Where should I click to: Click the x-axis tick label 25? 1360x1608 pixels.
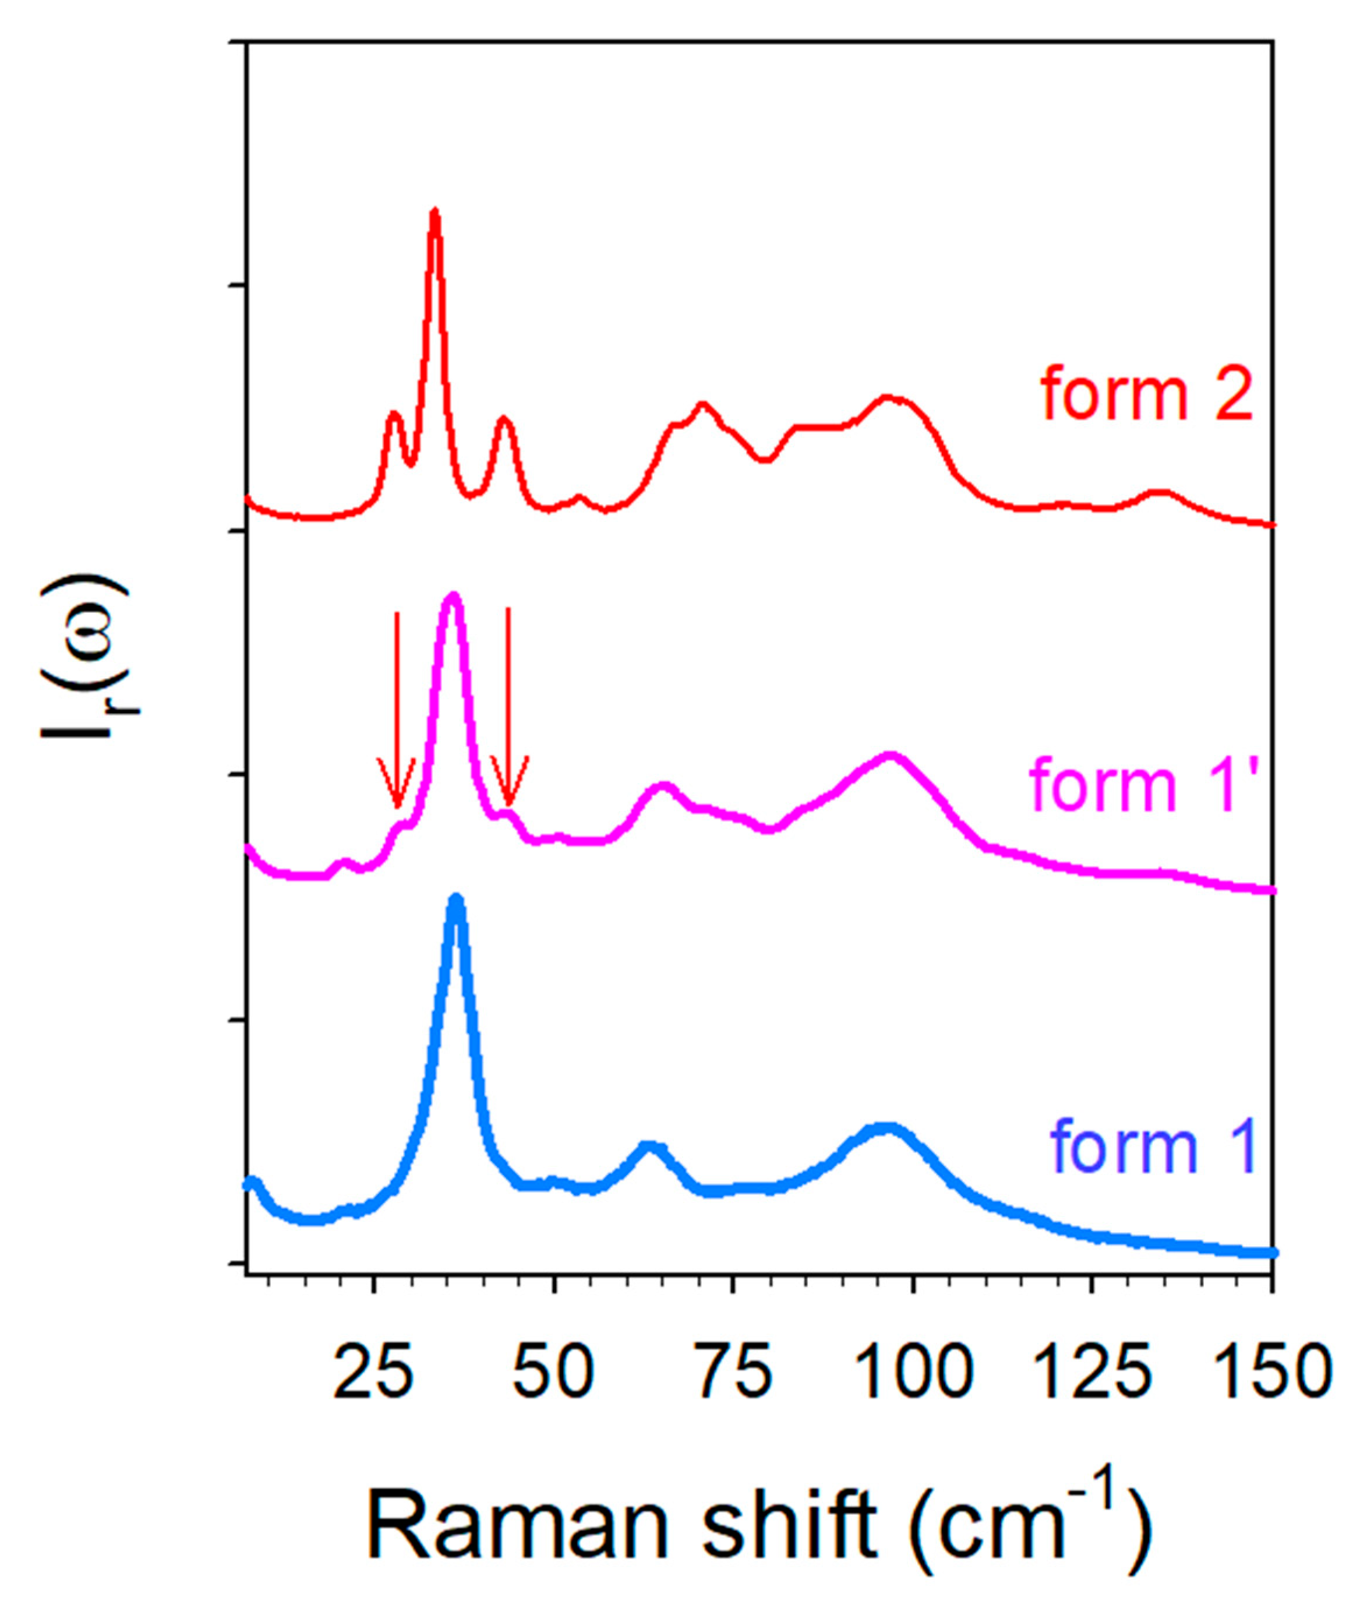tap(373, 1373)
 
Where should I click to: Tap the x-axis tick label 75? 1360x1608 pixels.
tap(733, 1373)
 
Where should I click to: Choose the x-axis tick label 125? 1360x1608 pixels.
tap(1091, 1373)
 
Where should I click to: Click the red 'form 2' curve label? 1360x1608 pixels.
tap(1147, 396)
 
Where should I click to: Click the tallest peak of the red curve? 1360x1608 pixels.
tap(435, 213)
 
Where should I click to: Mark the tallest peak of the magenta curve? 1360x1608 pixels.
tap(453, 595)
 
